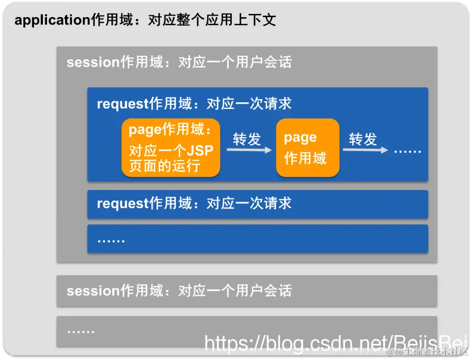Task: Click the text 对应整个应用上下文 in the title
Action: [212, 20]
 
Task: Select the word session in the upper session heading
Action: [93, 62]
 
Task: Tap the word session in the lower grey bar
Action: [93, 291]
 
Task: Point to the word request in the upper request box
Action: [123, 104]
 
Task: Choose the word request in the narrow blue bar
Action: [123, 204]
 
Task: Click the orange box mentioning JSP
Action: [171, 148]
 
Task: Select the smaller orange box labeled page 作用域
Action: [308, 148]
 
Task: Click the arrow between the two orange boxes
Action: [249, 150]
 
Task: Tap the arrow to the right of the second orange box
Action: [365, 150]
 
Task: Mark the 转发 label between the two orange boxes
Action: [247, 139]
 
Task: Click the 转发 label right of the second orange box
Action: [363, 139]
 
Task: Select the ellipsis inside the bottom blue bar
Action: [111, 239]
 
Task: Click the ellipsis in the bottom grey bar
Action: [81, 331]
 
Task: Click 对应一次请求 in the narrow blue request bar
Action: [249, 204]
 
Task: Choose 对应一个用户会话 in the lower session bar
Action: [234, 291]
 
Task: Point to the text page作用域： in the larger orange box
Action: [170, 129]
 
